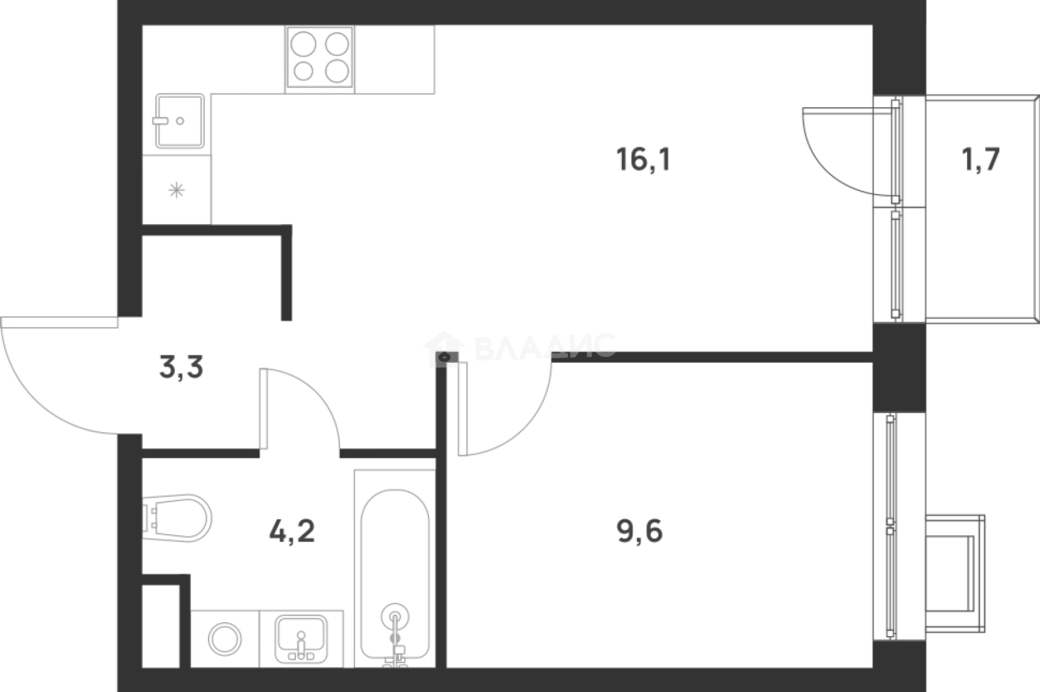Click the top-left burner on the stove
(304, 43)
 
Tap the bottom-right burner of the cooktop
(337, 71)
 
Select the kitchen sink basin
(179, 121)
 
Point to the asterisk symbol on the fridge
(176, 190)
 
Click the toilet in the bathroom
(176, 519)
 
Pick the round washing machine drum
(225, 639)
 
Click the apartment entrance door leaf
(58, 320)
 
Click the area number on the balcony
(981, 159)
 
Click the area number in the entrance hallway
(181, 368)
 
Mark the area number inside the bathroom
(292, 531)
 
